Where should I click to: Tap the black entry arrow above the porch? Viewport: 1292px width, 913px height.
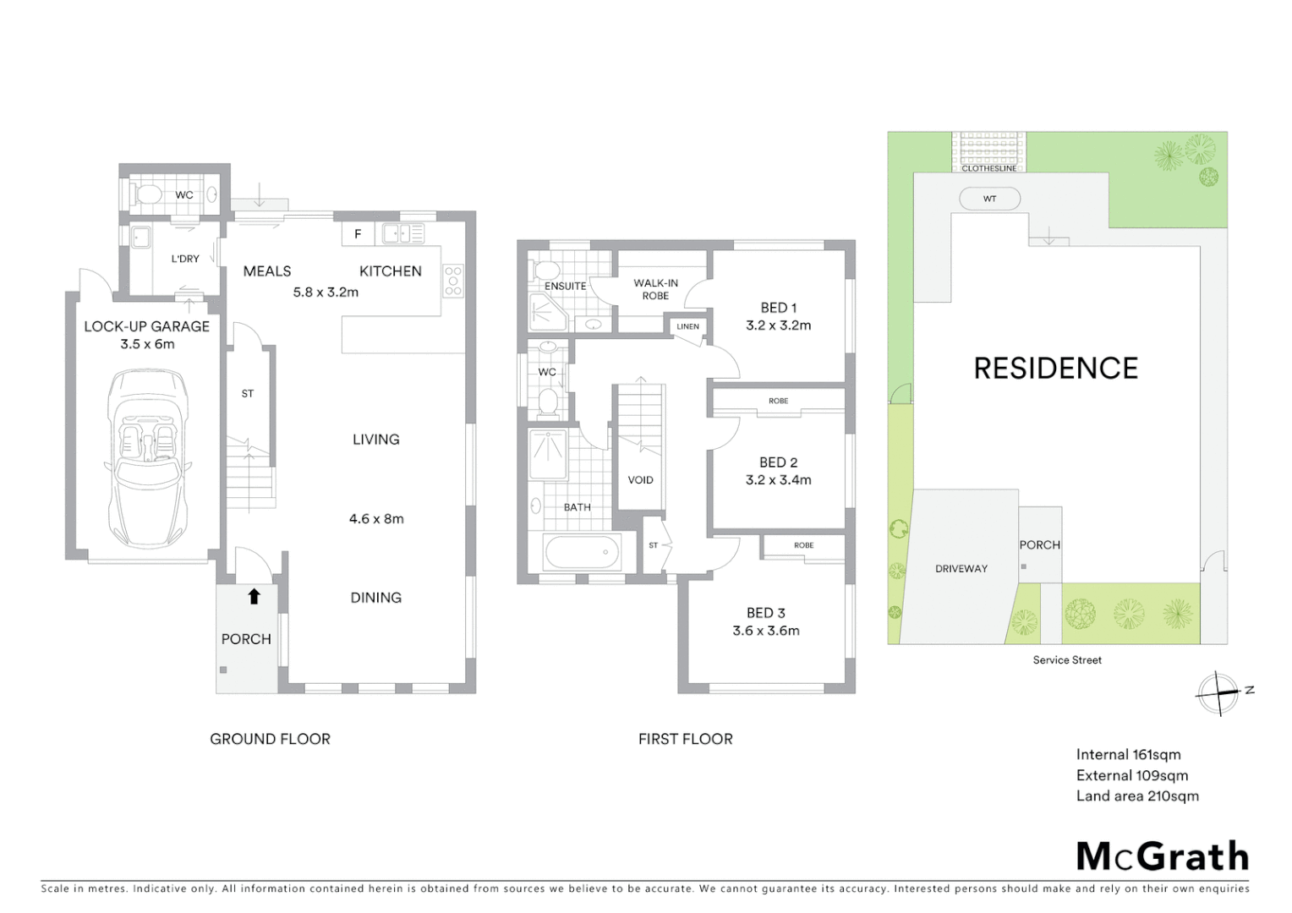click(254, 597)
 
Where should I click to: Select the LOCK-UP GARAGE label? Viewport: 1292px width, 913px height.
click(146, 326)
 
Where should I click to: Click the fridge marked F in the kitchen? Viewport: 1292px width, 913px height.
click(358, 234)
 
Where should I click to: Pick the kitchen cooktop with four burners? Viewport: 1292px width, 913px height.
click(453, 281)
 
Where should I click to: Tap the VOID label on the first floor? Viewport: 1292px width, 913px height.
click(640, 480)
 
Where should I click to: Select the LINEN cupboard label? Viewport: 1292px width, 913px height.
click(687, 326)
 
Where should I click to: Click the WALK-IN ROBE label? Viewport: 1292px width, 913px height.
click(655, 289)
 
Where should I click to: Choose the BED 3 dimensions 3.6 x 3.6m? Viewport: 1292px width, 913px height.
click(765, 631)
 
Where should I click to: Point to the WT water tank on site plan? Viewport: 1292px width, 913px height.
click(989, 199)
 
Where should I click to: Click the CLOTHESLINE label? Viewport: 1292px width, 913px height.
click(988, 168)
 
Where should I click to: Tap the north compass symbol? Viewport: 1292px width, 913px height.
click(1218, 693)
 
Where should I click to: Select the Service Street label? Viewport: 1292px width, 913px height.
click(1067, 660)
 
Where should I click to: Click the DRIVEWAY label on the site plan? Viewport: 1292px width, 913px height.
click(961, 569)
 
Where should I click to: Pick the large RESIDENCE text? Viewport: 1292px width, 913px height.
click(1055, 369)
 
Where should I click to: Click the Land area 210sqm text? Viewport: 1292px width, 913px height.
click(1137, 796)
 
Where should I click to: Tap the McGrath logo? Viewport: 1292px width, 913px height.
click(1163, 856)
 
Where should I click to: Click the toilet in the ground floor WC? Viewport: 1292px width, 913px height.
click(149, 195)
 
